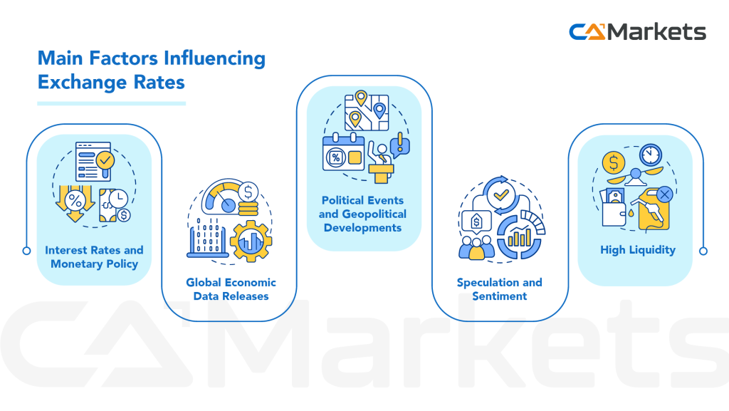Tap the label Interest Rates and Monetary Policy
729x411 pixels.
(94, 257)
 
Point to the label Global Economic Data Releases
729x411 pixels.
(231, 288)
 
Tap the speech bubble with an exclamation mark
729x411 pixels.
(400, 143)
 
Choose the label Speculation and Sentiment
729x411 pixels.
(499, 288)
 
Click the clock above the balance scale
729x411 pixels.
(649, 155)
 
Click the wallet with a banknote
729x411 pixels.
(616, 209)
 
